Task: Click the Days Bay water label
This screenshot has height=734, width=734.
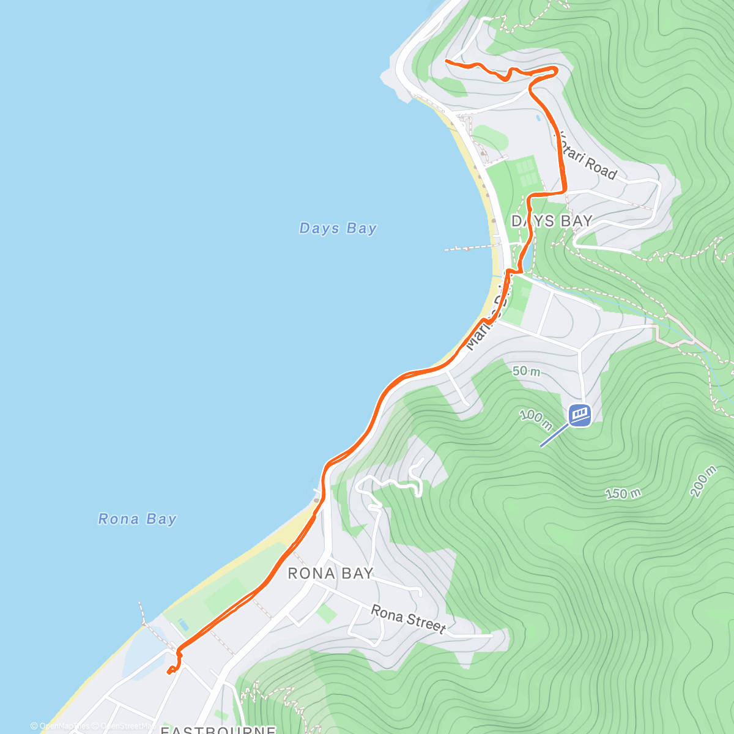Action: [338, 228]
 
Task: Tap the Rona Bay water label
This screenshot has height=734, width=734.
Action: [137, 519]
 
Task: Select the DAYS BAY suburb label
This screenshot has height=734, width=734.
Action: [552, 221]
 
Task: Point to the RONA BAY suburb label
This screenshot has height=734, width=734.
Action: [330, 573]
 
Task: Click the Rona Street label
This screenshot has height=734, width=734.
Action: [408, 618]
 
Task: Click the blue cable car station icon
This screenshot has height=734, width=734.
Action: [580, 415]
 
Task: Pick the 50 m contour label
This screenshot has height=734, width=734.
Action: [526, 371]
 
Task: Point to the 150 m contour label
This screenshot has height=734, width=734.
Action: [623, 493]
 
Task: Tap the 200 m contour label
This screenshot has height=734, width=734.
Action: [703, 481]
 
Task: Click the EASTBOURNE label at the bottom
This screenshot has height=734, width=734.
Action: [218, 730]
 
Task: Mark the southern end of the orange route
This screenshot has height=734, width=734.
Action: [168, 672]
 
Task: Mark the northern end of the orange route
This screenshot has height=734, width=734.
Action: [447, 61]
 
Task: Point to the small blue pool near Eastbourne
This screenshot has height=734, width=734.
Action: [183, 625]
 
